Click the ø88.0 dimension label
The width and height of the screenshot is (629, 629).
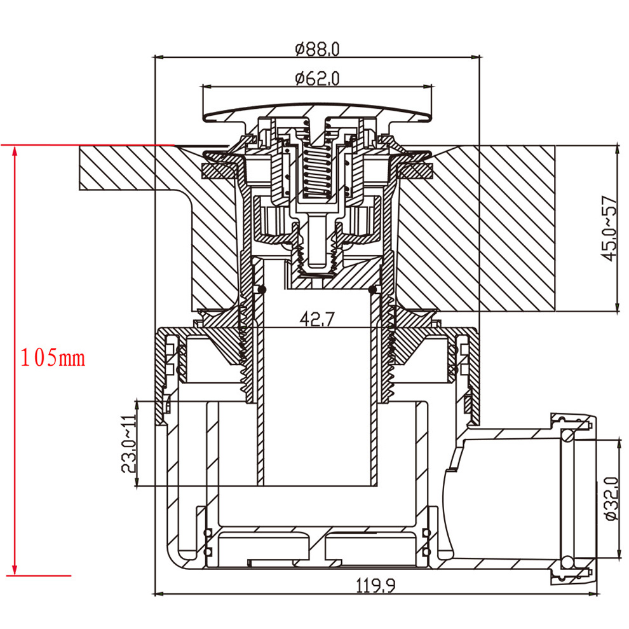coord(318,48)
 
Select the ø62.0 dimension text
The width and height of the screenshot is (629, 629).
coord(317,79)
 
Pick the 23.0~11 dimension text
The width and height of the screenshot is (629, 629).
coord(128,444)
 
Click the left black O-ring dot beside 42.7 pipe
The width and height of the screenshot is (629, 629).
coord(262,290)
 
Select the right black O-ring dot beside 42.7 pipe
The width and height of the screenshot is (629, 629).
coord(373,290)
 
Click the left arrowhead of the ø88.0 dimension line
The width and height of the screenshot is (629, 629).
coord(159,57)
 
